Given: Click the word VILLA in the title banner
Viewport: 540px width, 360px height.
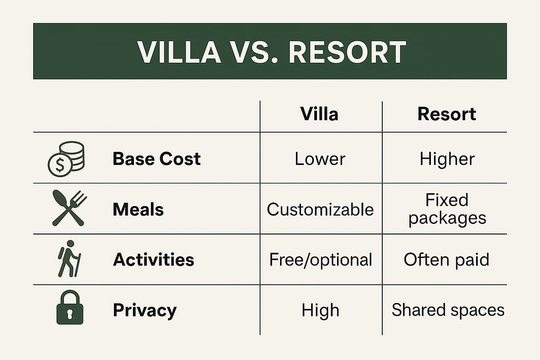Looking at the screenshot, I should [178, 52].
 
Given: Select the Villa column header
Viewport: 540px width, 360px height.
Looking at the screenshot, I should [319, 114].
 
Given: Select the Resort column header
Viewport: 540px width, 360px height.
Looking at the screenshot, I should [447, 114].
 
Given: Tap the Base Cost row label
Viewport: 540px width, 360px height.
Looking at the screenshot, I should [157, 159].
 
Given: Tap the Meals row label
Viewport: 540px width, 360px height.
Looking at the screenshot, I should [138, 209].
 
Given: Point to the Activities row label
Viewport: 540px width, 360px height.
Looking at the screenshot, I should [153, 259].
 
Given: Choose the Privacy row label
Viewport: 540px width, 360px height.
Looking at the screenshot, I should [144, 310].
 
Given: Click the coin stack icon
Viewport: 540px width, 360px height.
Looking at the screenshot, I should [66, 159].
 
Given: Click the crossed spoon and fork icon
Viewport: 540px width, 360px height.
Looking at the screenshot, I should [69, 209].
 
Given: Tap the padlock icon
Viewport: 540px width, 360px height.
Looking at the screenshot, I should [70, 309].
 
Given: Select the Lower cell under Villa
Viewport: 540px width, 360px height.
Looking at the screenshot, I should [320, 159].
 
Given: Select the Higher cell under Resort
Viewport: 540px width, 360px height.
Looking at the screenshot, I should [447, 159].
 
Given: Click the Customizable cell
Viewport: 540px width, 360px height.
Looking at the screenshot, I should [320, 209].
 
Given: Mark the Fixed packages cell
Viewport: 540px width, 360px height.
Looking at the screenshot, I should [447, 209].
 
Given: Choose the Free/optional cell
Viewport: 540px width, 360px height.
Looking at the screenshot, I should [321, 259].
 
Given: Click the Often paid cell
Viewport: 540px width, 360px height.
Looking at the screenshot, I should [447, 259].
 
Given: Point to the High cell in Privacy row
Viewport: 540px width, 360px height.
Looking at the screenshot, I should [320, 310].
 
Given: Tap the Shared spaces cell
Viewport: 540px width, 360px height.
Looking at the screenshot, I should [448, 310].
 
